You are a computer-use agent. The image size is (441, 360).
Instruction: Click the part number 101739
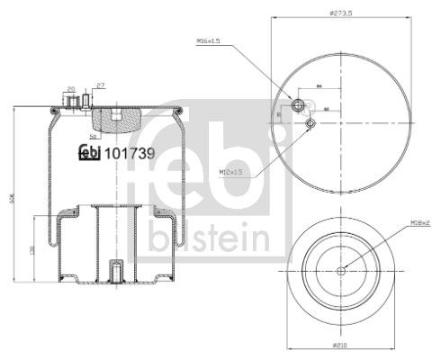coord(130,152)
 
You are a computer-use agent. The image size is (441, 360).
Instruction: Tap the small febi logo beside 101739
coord(90,152)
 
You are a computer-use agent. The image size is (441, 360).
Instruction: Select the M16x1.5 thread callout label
coord(209,41)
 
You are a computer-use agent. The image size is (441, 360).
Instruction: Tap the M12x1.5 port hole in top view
coord(310,123)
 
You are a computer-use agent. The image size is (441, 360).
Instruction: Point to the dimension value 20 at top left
coord(70,88)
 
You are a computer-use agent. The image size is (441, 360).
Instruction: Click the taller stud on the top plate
coord(86,99)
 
